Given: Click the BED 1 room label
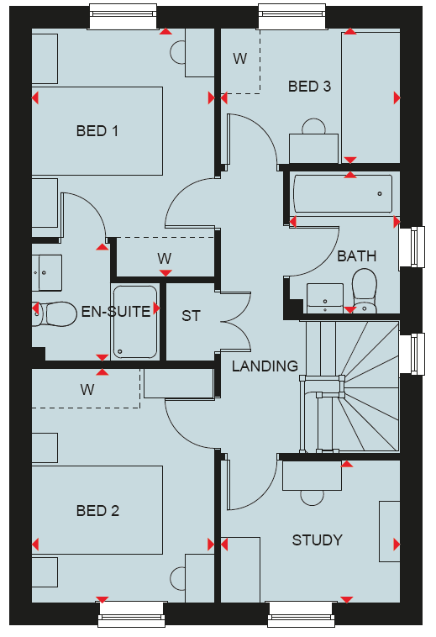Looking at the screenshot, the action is click(x=97, y=131).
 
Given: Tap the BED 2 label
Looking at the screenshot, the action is click(x=97, y=511).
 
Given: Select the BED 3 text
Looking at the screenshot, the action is click(x=309, y=87).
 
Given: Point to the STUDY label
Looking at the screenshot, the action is click(x=317, y=540).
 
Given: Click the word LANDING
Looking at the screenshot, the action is click(x=265, y=366).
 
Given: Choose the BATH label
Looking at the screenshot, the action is click(x=357, y=256).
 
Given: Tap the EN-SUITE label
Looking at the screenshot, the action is click(x=116, y=312).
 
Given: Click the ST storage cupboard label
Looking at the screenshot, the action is click(x=191, y=316).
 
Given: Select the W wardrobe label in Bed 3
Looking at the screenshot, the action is click(x=240, y=59).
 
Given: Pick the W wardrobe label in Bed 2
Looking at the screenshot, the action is click(x=87, y=390).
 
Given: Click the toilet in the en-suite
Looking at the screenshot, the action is click(x=55, y=314).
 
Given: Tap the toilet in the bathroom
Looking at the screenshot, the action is click(x=364, y=291).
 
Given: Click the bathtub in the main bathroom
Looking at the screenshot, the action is click(x=343, y=194).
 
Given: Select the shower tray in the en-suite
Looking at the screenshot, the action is click(x=135, y=322).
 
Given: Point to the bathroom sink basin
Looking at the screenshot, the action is click(x=325, y=298).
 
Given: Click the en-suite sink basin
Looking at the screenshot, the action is click(x=47, y=272).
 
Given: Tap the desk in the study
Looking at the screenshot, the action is click(x=312, y=476).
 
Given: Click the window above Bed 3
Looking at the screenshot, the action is click(x=292, y=16).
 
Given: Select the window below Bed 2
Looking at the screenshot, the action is click(x=132, y=614).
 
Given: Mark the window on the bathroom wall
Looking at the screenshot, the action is click(x=412, y=247).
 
